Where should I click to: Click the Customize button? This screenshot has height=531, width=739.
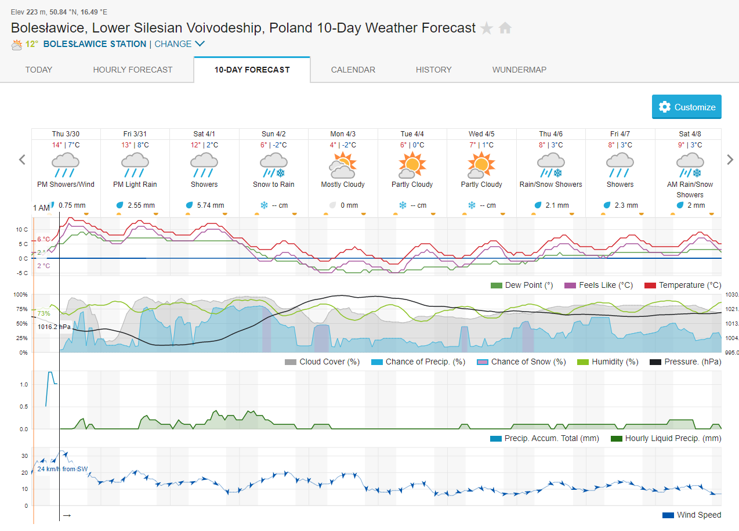coord(687,107)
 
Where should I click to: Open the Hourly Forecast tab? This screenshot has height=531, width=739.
coord(133,70)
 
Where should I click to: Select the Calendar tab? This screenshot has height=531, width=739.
coord(353,70)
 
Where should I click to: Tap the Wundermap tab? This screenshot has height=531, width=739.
coord(519,70)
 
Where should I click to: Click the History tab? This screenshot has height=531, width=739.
coord(433,70)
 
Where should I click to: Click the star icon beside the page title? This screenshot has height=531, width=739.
coord(487,28)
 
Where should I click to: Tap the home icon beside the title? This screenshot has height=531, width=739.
coord(505,28)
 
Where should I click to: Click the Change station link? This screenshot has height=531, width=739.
coord(179,44)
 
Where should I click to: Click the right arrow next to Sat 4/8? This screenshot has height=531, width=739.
coord(730,160)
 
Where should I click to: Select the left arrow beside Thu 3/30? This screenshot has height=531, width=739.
coord(22,160)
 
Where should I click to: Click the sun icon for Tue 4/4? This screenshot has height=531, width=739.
coord(412,165)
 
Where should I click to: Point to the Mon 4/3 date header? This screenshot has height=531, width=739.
coord(343,134)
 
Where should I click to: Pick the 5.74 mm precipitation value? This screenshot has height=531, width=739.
coord(209,205)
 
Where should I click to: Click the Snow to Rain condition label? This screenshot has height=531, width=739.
coord(273,185)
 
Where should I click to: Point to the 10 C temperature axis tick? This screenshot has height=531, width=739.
coord(21,229)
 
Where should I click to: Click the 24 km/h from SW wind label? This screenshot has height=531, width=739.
coord(63,469)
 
